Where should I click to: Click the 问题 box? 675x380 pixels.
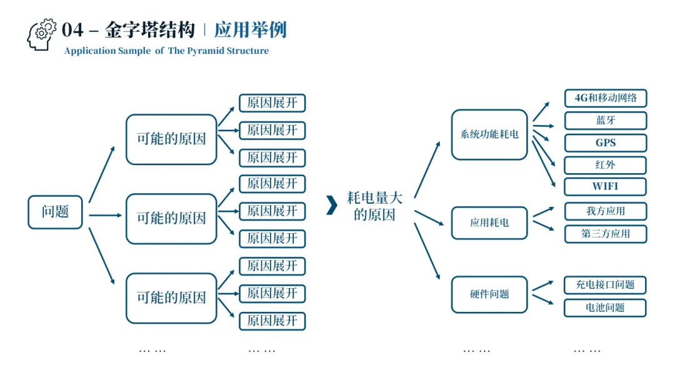tap(55, 212)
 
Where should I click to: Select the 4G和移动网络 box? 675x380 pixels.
tap(605, 98)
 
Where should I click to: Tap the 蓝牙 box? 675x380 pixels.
tap(605, 121)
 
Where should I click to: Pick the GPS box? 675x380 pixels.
tap(605, 143)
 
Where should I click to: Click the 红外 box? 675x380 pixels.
tap(605, 166)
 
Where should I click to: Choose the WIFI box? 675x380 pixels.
tap(605, 186)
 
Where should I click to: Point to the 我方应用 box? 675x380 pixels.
tap(605, 211)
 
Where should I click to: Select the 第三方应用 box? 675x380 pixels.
tap(605, 234)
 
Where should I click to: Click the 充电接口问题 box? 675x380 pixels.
tap(605, 285)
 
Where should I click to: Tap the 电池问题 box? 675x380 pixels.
tap(605, 307)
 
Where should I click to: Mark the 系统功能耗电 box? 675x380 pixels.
tap(489, 134)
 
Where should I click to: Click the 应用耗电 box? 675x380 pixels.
tap(489, 222)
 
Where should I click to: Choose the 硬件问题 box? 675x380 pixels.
tap(489, 294)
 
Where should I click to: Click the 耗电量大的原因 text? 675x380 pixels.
tap(375, 206)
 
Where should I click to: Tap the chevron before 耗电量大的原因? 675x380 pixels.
tap(331, 205)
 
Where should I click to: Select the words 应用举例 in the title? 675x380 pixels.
tap(250, 30)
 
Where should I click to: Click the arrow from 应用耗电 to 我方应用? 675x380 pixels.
tap(542, 212)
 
